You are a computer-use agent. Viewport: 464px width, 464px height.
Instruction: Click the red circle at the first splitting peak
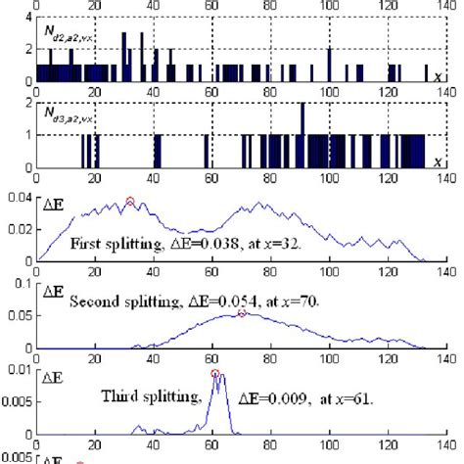click(130, 202)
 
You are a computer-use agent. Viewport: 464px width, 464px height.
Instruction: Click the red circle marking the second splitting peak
click(242, 313)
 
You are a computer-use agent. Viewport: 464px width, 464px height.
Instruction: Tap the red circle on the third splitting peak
click(215, 373)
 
